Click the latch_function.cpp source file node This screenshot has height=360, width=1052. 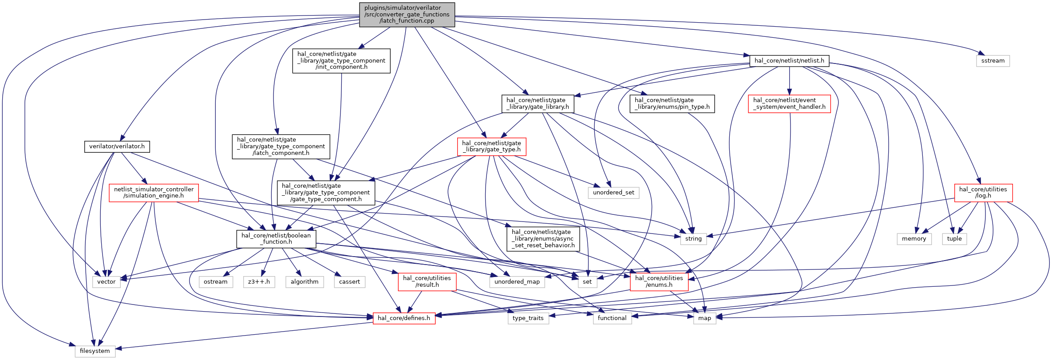click(407, 15)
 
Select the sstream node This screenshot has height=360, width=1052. click(993, 61)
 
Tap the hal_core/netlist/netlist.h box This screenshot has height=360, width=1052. click(789, 61)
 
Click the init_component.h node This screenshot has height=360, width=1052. click(341, 61)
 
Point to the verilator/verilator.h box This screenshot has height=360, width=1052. click(117, 146)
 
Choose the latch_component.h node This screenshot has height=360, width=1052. click(281, 146)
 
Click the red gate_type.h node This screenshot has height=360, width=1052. click(492, 146)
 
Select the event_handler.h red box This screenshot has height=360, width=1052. click(789, 104)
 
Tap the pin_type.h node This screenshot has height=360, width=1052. click(672, 104)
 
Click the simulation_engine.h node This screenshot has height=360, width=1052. click(154, 193)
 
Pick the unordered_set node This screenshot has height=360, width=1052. click(613, 193)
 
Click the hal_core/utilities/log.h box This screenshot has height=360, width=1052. click(983, 193)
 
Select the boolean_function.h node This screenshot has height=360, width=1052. click(276, 239)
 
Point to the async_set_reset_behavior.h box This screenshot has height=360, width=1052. click(543, 239)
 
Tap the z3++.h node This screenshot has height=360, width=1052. click(259, 282)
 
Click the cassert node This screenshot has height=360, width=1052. click(349, 282)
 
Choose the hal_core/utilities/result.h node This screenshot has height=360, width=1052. click(427, 282)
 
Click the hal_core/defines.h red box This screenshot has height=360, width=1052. click(404, 318)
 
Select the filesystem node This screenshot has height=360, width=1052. click(95, 351)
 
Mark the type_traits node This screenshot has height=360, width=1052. click(528, 318)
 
